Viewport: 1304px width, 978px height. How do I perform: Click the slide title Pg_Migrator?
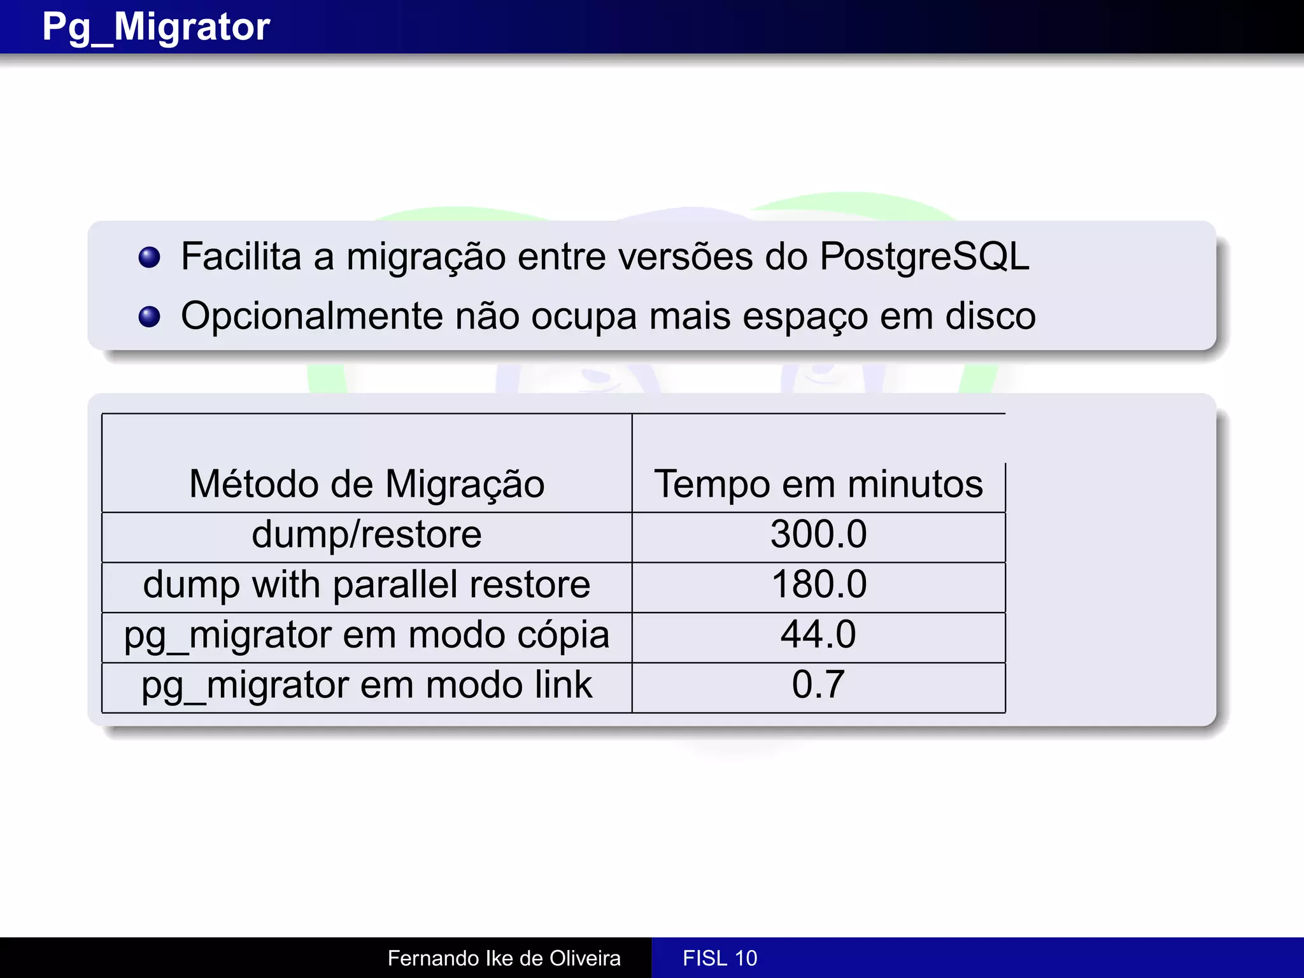click(x=156, y=27)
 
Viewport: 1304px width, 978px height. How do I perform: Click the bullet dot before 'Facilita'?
click(x=149, y=257)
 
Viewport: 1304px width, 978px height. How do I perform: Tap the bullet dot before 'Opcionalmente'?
click(x=149, y=316)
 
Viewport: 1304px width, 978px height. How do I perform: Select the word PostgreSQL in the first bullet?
click(x=924, y=257)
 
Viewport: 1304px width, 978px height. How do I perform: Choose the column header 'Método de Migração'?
click(x=367, y=484)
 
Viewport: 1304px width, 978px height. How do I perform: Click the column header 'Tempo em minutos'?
click(x=818, y=484)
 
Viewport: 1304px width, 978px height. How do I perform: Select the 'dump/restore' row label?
click(x=367, y=534)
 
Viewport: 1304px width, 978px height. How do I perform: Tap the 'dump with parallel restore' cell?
click(x=367, y=585)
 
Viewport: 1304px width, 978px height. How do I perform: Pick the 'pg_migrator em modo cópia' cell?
click(x=367, y=635)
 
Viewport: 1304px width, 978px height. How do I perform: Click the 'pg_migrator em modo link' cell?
click(x=367, y=685)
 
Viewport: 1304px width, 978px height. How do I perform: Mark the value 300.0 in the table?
click(x=818, y=534)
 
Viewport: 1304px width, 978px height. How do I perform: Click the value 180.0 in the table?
click(x=819, y=585)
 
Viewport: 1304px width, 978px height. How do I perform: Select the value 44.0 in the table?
click(x=818, y=635)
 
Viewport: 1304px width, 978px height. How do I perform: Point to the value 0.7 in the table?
click(x=818, y=685)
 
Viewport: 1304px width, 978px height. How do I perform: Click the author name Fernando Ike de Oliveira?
click(x=504, y=958)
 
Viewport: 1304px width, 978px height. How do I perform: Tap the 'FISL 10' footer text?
click(x=719, y=958)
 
